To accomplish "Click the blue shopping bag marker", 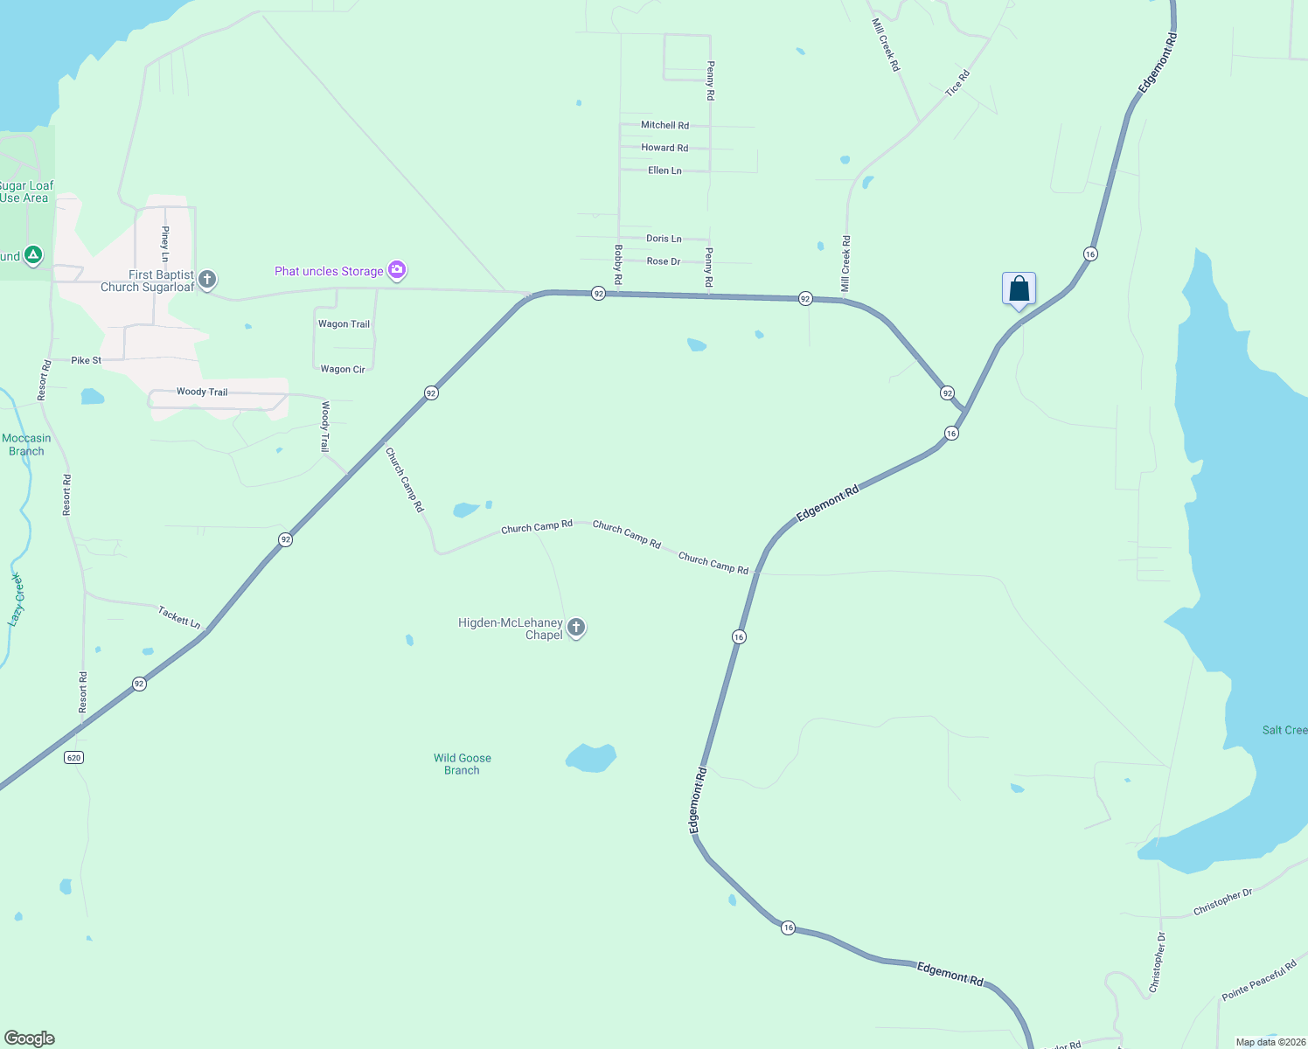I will (1019, 289).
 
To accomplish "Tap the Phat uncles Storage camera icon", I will (398, 270).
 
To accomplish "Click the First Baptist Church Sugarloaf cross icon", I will (207, 280).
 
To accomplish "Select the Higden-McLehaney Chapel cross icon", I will (576, 628).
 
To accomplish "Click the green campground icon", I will (33, 255).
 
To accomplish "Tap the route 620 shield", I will (74, 757).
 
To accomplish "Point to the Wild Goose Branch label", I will (462, 764).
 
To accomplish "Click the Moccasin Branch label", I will (26, 445).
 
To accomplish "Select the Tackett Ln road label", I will (179, 617).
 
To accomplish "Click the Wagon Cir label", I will (343, 370).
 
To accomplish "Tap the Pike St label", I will (86, 360).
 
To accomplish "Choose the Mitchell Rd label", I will (664, 125).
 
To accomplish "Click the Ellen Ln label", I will (664, 170).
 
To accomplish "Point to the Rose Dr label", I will (664, 261).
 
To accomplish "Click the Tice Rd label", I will (957, 83).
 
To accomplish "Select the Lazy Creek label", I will (17, 600).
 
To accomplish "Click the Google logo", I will (30, 1039).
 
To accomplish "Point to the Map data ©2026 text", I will (1270, 1042).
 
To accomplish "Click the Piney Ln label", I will (164, 244).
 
